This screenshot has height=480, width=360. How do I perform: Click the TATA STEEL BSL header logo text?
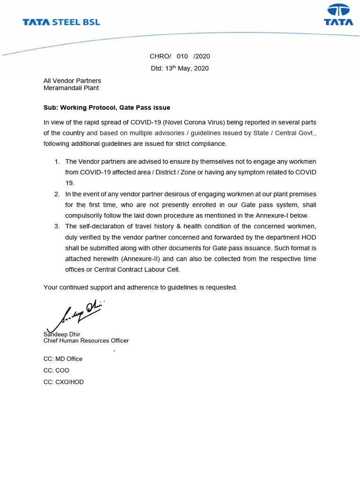point(61,22)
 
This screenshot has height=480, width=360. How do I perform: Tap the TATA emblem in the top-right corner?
point(338,15)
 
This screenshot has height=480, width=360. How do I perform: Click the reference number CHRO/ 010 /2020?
point(180,56)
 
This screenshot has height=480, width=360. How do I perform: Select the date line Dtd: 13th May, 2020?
point(180,68)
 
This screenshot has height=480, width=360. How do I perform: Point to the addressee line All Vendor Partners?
point(72,81)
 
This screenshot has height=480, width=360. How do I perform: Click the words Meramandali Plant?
point(71,88)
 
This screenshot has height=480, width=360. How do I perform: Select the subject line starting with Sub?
point(107,108)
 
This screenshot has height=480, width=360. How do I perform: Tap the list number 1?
point(57,161)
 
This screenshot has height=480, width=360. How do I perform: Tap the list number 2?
point(57,194)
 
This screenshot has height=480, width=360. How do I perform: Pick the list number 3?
point(57,226)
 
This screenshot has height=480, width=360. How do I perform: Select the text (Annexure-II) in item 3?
point(141,259)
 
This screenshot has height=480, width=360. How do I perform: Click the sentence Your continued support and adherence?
point(140,287)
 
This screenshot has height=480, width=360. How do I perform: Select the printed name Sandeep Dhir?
point(62,334)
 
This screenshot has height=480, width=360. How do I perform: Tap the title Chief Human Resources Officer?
point(86,341)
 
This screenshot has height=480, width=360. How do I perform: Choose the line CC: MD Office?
point(63,359)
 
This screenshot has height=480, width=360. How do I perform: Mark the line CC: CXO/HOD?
point(64,382)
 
